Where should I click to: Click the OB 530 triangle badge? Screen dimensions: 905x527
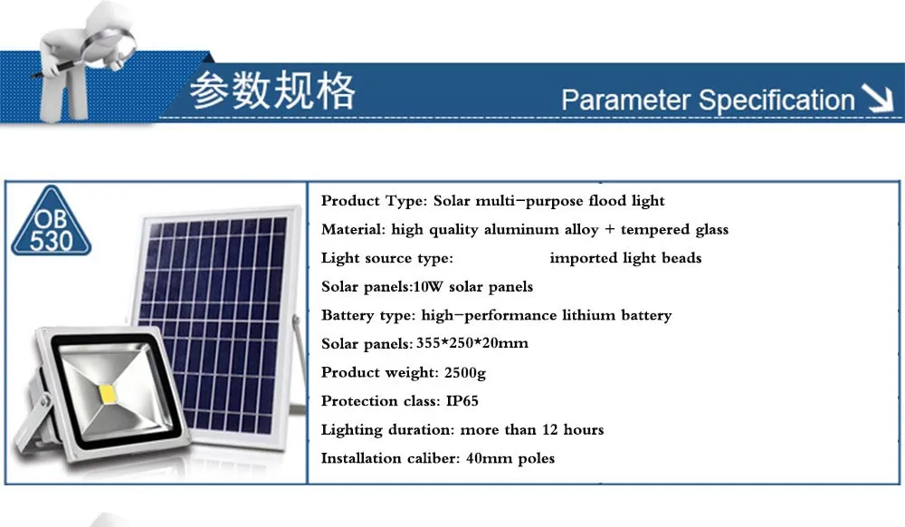pyautogui.click(x=51, y=221)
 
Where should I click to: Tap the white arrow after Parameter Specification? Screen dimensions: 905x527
pyautogui.click(x=877, y=98)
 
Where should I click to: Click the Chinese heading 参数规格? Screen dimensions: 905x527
pyautogui.click(x=272, y=90)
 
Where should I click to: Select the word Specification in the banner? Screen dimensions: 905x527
pyautogui.click(x=776, y=100)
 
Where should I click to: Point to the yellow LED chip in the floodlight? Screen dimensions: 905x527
pyautogui.click(x=109, y=394)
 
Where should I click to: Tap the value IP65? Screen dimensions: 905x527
pyautogui.click(x=462, y=400)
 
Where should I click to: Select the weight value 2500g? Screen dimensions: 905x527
pyautogui.click(x=464, y=373)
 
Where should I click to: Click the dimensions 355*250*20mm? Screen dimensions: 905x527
pyautogui.click(x=472, y=343)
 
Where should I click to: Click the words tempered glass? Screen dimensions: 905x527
pyautogui.click(x=675, y=230)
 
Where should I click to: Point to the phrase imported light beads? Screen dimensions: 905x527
pyautogui.click(x=625, y=258)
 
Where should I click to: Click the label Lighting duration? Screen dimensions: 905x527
pyautogui.click(x=388, y=430)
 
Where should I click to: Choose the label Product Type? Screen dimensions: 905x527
pyautogui.click(x=374, y=201)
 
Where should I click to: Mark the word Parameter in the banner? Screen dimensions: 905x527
pyautogui.click(x=625, y=100)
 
